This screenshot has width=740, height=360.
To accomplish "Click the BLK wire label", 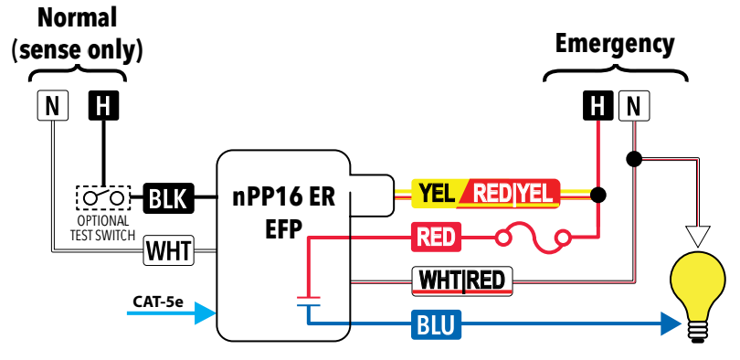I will (x=167, y=197).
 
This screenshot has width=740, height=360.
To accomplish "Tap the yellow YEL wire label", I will (x=434, y=194).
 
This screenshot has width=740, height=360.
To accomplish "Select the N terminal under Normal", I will (x=51, y=107).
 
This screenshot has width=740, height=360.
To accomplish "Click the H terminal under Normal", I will (x=102, y=107).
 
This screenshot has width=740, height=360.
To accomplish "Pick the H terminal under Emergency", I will (x=598, y=107).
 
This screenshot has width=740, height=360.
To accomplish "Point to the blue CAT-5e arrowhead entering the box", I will (x=206, y=314).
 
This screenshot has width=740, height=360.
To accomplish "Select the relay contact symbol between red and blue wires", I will (x=308, y=302).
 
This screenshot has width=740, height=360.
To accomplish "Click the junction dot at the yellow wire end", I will (x=598, y=195).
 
